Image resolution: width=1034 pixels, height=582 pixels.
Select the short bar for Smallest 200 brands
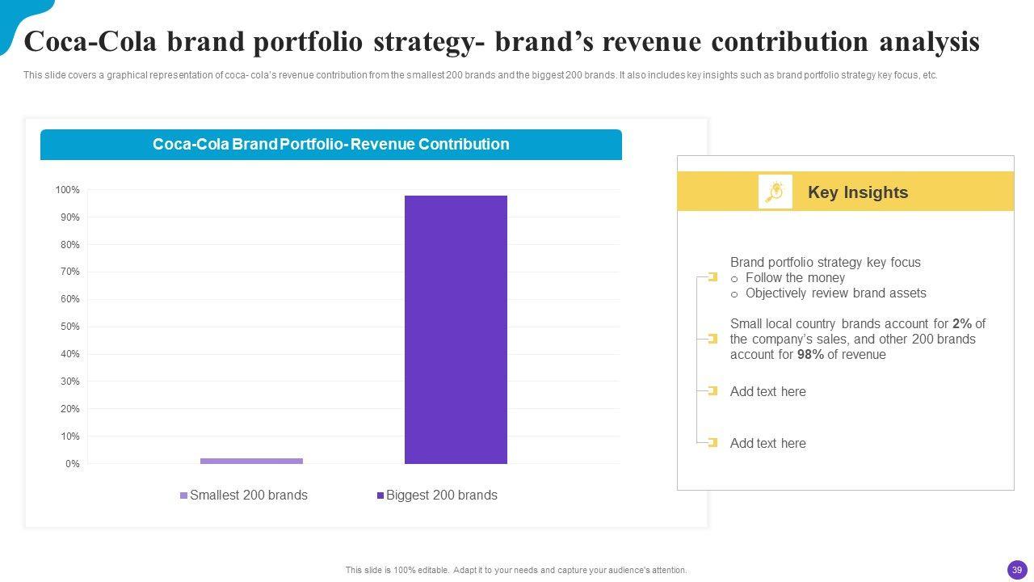click(251, 461)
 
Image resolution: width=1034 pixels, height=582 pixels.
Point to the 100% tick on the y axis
click(68, 190)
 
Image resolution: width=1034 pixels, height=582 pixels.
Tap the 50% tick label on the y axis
click(69, 327)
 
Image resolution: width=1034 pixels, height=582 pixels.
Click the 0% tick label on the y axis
click(72, 464)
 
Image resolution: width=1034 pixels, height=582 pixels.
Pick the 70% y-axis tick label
click(69, 272)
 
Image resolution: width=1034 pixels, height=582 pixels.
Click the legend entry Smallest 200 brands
click(248, 496)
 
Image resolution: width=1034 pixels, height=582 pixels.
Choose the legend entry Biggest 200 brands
click(441, 496)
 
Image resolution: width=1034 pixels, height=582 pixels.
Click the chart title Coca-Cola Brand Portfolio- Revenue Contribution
click(330, 145)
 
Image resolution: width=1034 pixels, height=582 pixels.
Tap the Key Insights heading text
click(858, 192)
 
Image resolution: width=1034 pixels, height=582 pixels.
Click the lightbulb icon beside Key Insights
click(775, 192)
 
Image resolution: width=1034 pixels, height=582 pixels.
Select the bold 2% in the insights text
click(961, 324)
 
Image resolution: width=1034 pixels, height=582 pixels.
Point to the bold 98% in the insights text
click(810, 355)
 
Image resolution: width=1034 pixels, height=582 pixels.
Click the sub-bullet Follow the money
click(795, 278)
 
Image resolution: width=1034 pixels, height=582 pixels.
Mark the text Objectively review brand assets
click(835, 293)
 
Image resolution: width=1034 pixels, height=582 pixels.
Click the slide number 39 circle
click(1017, 570)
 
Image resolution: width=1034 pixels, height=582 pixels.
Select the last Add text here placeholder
click(767, 444)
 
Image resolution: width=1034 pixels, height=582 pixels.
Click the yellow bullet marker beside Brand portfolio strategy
click(712, 277)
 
